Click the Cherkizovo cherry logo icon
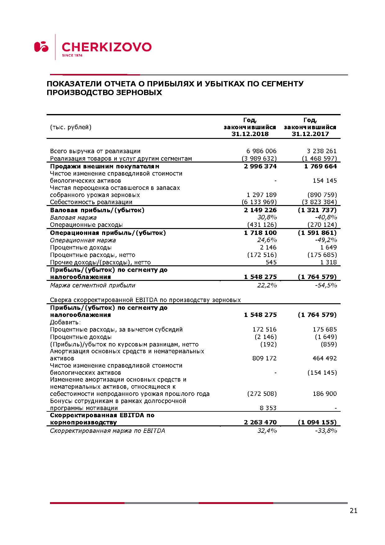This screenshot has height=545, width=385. [41, 47]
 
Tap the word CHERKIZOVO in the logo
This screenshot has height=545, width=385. [106, 47]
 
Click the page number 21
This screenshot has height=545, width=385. [353, 511]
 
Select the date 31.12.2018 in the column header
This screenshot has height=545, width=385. [250, 134]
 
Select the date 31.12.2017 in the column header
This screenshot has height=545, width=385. [310, 134]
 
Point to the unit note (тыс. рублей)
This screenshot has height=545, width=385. [71, 127]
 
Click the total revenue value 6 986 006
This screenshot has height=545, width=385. [261, 151]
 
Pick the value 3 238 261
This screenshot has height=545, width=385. [322, 151]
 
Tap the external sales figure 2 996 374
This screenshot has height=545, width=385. [260, 166]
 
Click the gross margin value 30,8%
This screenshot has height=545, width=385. [267, 217]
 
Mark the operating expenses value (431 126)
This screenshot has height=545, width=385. [262, 225]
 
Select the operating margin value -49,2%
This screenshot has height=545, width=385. [326, 240]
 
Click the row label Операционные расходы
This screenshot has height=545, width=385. [86, 225]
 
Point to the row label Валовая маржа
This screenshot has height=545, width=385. [73, 218]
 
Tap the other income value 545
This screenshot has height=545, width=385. [271, 262]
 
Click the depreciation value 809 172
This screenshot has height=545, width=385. [265, 358]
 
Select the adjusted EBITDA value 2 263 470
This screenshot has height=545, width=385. [260, 422]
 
